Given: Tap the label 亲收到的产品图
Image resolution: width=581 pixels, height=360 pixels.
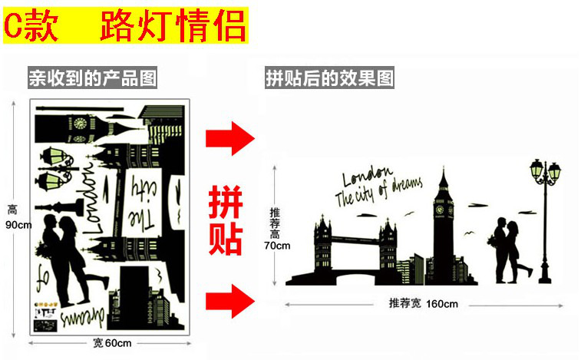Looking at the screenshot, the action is (92, 78).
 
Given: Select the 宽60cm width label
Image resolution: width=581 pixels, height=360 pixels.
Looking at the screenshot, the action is (112, 342).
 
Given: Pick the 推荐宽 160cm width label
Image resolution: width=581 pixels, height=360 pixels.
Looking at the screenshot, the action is (423, 303).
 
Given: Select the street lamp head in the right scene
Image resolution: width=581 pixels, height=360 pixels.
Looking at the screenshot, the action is (546, 171).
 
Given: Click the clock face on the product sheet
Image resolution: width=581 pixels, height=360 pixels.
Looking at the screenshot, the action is (78, 121).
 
